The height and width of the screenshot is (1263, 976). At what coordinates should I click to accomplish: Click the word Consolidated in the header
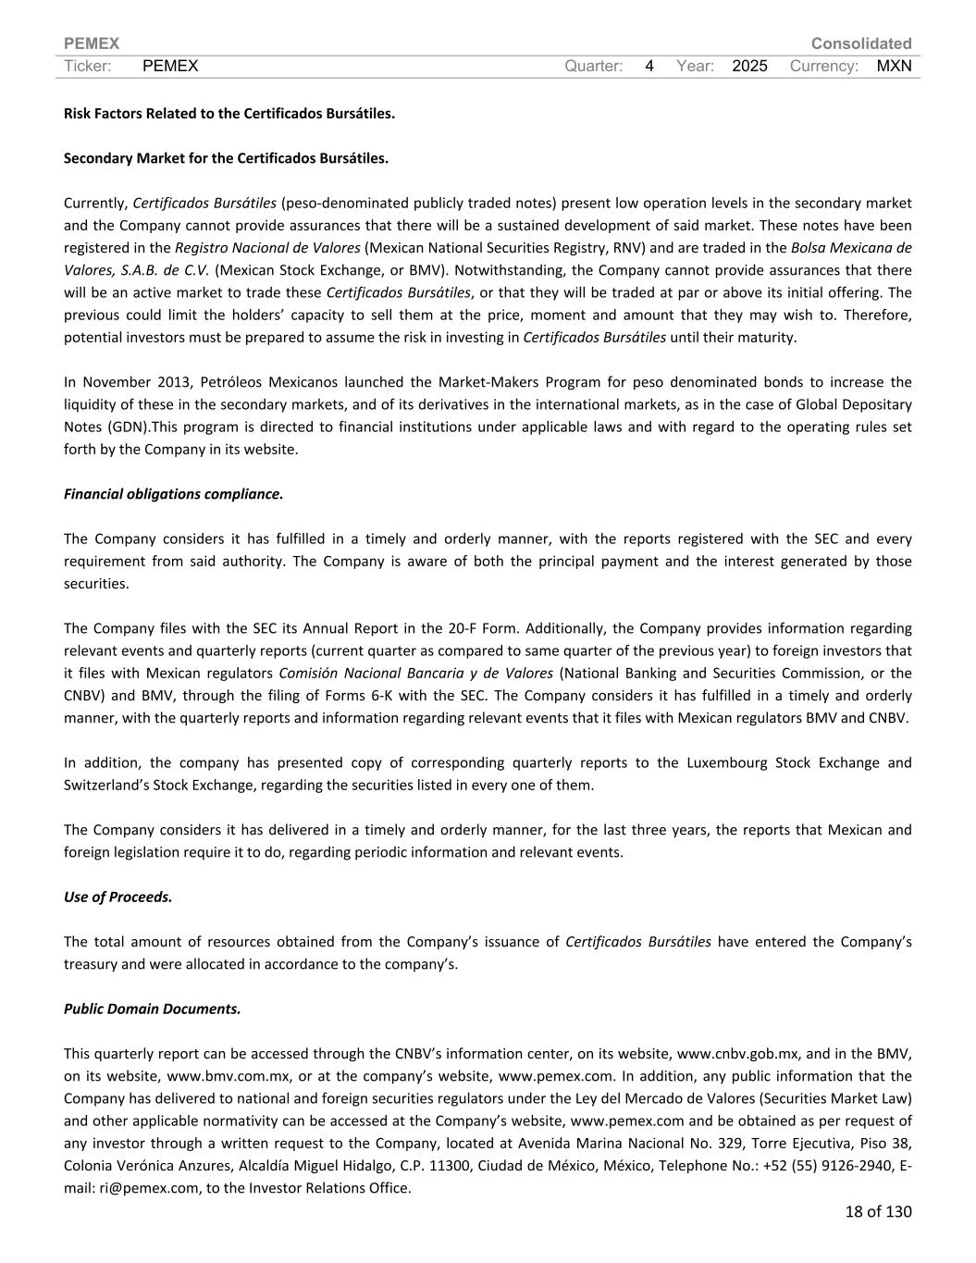860,43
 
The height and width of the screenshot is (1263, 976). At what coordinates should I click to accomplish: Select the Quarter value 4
649,66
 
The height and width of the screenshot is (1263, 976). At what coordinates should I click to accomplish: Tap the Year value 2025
749,66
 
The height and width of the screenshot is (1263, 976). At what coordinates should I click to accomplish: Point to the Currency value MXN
894,66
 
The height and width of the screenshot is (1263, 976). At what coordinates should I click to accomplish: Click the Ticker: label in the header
88,66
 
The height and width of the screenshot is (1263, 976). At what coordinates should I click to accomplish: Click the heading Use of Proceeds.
117,897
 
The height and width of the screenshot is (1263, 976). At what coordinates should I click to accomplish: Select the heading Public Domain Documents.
152,1009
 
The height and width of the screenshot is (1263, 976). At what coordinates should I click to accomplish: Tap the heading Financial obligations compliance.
173,493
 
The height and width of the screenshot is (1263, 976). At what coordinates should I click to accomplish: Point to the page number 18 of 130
878,1211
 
